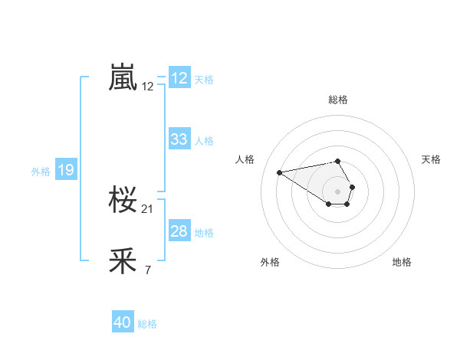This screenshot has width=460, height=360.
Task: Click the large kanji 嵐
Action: tap(123, 78)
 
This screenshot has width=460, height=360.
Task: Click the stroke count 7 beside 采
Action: tap(147, 270)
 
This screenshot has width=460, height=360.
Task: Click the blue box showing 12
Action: tap(179, 78)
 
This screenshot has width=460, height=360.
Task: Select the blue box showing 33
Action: tap(179, 139)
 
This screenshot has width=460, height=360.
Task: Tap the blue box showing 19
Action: tap(66, 171)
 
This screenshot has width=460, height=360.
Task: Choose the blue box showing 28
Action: tap(179, 231)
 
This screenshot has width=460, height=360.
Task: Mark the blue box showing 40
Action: tap(123, 323)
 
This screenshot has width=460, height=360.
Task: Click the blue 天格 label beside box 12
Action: tap(204, 79)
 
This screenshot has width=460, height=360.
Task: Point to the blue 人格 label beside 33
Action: tap(204, 140)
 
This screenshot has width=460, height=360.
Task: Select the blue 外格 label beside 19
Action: tap(41, 172)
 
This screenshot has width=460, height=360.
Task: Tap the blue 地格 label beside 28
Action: tap(204, 232)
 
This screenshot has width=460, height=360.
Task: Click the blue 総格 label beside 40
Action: tap(147, 324)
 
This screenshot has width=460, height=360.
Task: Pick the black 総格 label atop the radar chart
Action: tap(338, 100)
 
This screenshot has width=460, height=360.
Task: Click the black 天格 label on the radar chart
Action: tap(432, 159)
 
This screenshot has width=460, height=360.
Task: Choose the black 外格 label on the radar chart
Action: tap(270, 262)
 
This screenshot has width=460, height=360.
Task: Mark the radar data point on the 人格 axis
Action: tap(280, 172)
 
